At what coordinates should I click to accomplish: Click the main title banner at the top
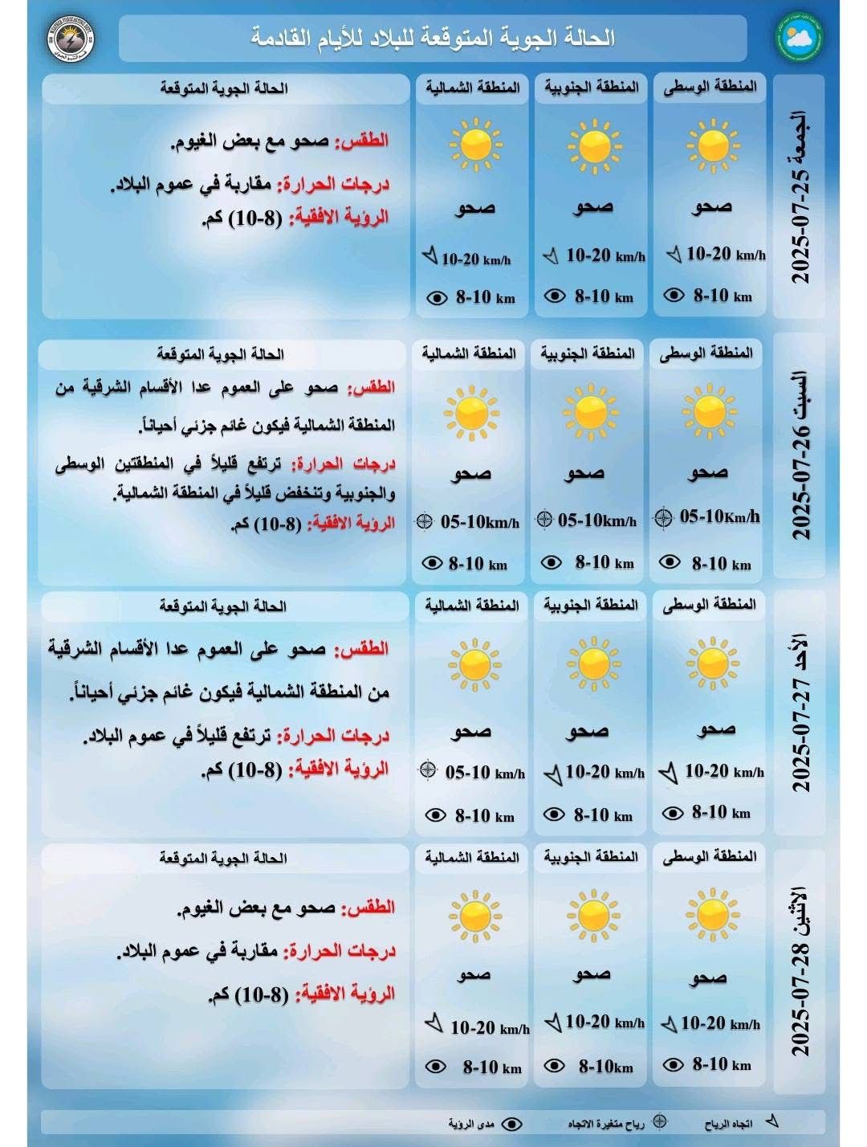click(x=433, y=38)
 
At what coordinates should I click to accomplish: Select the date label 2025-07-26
click(x=801, y=455)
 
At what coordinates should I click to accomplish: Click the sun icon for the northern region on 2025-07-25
click(x=474, y=144)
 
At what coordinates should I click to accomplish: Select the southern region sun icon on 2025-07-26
click(x=590, y=411)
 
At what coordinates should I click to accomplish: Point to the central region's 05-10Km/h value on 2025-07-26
click(x=719, y=516)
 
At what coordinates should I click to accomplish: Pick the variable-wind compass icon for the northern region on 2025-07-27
click(x=428, y=769)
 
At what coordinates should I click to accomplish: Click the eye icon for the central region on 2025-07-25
click(x=674, y=295)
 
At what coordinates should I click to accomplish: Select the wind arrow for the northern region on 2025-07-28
click(x=433, y=1023)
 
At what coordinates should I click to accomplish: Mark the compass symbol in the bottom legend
click(x=659, y=1120)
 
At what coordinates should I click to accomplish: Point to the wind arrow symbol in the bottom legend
click(x=772, y=1120)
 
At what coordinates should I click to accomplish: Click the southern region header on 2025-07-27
click(x=591, y=605)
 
